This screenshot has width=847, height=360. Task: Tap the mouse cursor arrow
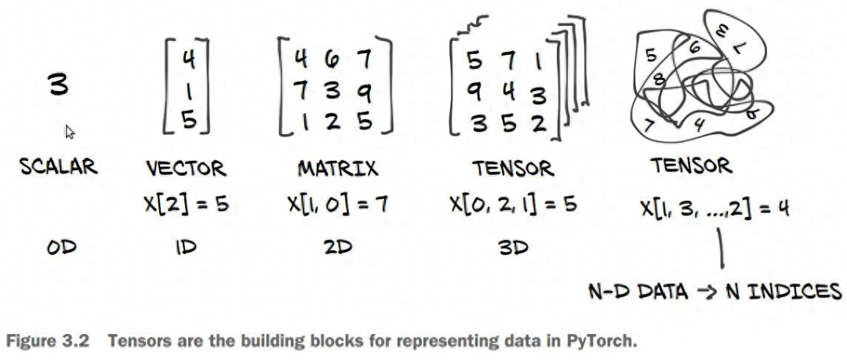pos(69,131)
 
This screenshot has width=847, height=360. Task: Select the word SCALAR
pos(59,166)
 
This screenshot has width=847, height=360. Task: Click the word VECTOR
pos(186,169)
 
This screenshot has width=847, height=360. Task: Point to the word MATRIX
pos(337,169)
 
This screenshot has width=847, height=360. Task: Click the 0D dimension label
pos(61,248)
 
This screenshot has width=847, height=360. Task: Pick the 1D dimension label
pos(185,248)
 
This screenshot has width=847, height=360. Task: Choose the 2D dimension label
pos(337,248)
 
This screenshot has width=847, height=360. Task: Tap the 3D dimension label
pos(513,248)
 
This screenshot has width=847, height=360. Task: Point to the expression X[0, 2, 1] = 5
pos(513,205)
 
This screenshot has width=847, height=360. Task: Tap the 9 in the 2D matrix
pos(365,92)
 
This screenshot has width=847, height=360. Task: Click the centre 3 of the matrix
pos(333,90)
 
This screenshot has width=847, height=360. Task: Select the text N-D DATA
pos(638,293)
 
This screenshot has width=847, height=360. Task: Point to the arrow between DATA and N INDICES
pos(705,293)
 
